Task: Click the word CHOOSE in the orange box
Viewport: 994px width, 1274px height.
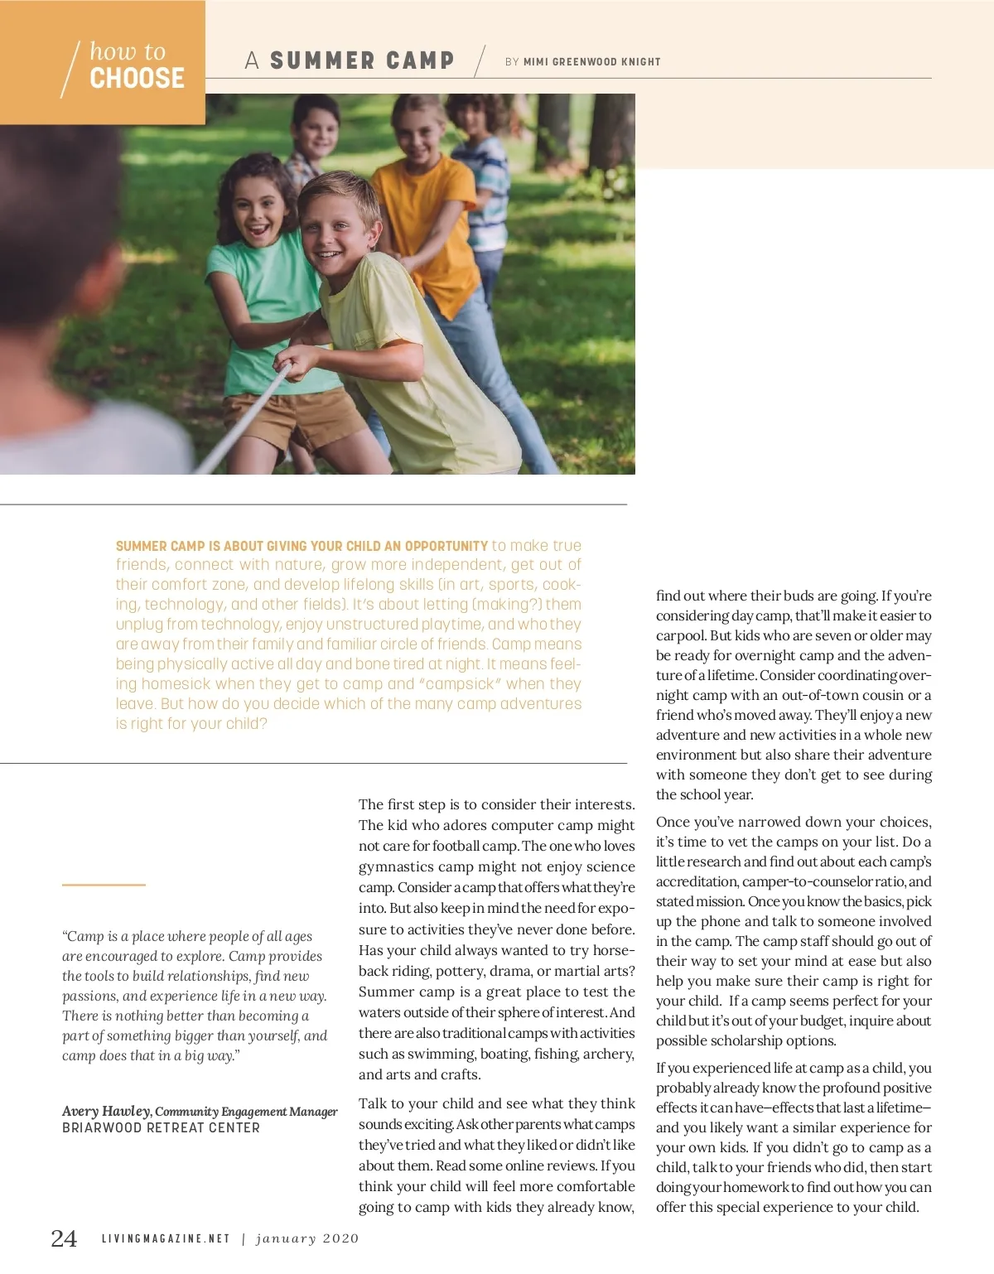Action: pos(137,79)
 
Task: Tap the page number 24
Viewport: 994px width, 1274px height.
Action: pos(64,1238)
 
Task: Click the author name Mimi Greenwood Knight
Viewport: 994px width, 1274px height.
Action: pos(591,61)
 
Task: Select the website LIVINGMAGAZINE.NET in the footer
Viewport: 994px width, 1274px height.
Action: pos(166,1239)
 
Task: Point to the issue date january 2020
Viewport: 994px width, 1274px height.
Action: pos(307,1239)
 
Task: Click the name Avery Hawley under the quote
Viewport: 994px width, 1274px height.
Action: pos(106,1111)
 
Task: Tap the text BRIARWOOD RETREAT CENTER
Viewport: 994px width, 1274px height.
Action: pos(161,1128)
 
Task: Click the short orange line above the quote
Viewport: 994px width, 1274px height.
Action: pos(104,885)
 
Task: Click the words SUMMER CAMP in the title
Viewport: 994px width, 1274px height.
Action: pos(362,60)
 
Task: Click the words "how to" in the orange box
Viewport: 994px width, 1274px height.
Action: pos(128,51)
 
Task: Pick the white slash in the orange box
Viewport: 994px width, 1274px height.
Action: pos(70,70)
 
